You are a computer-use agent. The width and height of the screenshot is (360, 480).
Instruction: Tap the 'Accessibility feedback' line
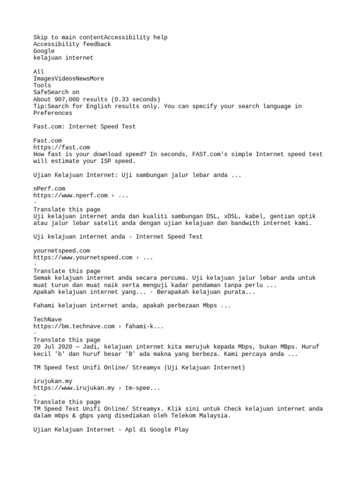pyautogui.click(x=72, y=44)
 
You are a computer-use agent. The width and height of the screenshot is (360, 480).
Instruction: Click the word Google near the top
pyautogui.click(x=44, y=51)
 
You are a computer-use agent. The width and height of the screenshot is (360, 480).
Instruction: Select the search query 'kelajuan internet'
pyautogui.click(x=63, y=58)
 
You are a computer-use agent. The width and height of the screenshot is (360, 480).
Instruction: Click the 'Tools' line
pyautogui.click(x=42, y=85)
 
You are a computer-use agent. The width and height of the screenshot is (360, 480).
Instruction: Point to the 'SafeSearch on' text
pyautogui.click(x=56, y=92)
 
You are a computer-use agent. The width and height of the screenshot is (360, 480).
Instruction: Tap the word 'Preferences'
pyautogui.click(x=52, y=113)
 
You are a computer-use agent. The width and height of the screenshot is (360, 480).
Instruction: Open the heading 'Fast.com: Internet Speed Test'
pyautogui.click(x=84, y=127)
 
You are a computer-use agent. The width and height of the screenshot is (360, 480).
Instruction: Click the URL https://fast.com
pyautogui.click(x=61, y=147)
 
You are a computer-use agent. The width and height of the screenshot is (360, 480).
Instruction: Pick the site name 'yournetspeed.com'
pyautogui.click(x=61, y=251)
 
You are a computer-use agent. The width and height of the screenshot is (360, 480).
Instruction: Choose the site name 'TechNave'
pyautogui.click(x=47, y=320)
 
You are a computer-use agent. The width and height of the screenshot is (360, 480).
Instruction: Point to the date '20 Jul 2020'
pyautogui.click(x=52, y=347)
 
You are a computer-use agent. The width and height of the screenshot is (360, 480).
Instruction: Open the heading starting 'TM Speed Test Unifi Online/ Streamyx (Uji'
pyautogui.click(x=139, y=368)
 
